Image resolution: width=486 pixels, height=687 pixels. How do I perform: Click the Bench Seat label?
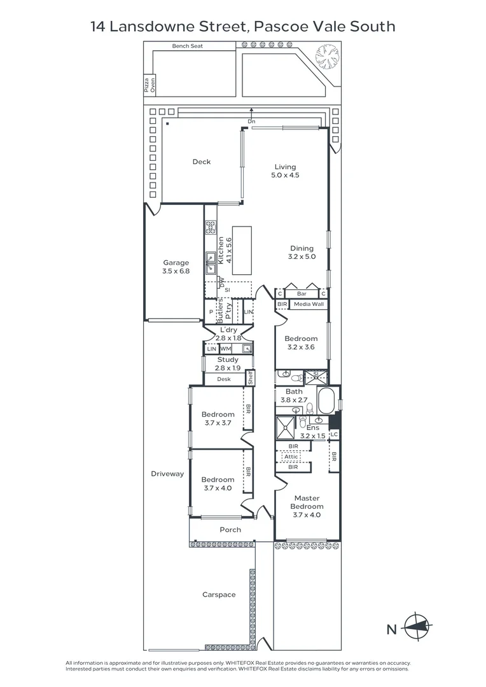pyautogui.click(x=188, y=46)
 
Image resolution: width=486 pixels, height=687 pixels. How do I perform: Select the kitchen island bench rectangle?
pyautogui.click(x=242, y=251)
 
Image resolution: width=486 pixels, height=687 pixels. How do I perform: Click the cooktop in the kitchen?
pyautogui.click(x=211, y=227)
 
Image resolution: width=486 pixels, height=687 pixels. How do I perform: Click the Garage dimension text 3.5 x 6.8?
pyautogui.click(x=176, y=271)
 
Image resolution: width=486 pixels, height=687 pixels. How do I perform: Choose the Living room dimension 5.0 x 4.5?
pyautogui.click(x=285, y=175)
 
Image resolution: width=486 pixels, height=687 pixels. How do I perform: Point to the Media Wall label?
pyautogui.click(x=309, y=304)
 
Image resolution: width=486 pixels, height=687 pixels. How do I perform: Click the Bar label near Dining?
pyautogui.click(x=302, y=293)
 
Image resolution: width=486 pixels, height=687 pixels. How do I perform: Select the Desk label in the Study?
pyautogui.click(x=224, y=379)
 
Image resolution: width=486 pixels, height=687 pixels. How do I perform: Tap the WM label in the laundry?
pyautogui.click(x=226, y=349)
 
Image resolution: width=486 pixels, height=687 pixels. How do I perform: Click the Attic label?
pyautogui.click(x=291, y=457)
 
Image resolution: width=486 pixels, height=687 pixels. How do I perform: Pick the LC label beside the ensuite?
pyautogui.click(x=334, y=434)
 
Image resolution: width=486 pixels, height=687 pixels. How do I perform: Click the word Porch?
pyautogui.click(x=230, y=530)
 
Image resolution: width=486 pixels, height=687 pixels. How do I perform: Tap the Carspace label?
pyautogui.click(x=219, y=595)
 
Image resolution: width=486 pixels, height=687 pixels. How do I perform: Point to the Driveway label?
pyautogui.click(x=167, y=474)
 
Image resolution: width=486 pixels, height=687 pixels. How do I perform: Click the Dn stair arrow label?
pyautogui.click(x=251, y=121)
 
